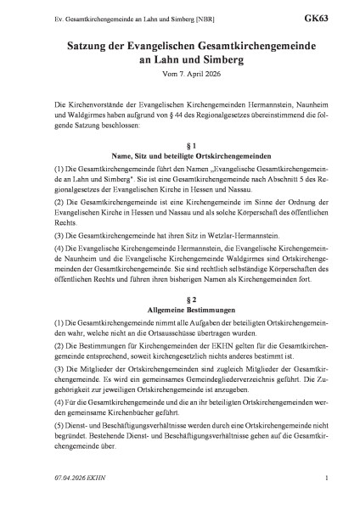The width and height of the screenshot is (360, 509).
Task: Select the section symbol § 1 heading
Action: tap(179, 144)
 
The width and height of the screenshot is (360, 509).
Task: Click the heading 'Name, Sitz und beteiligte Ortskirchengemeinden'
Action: tap(179, 155)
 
